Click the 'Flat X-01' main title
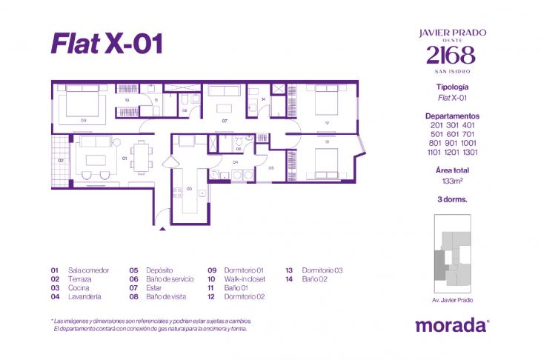(x=106, y=44)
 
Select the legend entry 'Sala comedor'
(x=88, y=270)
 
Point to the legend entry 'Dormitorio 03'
(x=322, y=270)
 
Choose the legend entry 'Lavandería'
(x=84, y=296)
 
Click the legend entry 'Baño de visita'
(x=171, y=296)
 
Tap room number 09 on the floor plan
(x=84, y=119)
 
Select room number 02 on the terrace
(x=61, y=159)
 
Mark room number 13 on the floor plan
(x=327, y=140)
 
